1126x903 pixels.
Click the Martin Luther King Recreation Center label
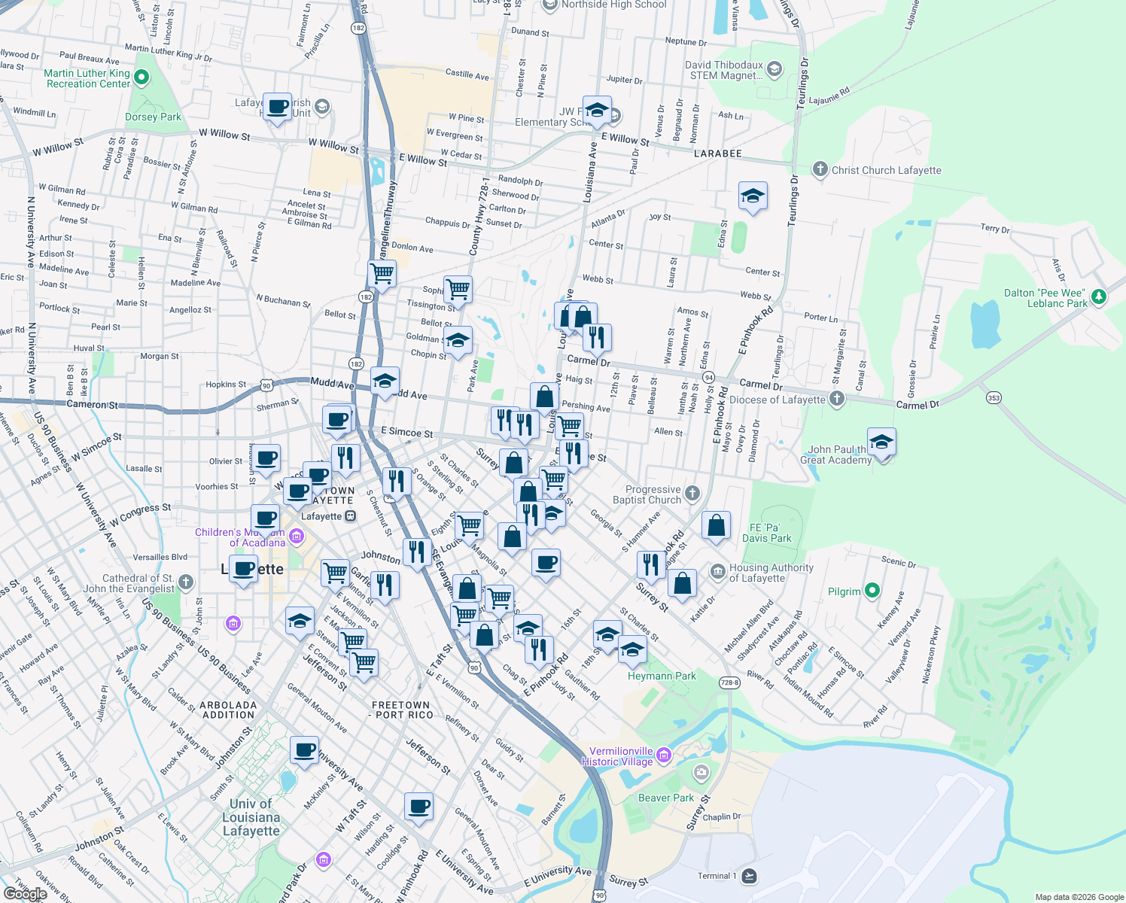pos(87,78)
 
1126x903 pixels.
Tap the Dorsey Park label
pos(153,117)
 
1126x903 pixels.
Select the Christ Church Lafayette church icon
pos(820,169)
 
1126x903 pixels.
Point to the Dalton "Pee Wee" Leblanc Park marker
pos(1098,297)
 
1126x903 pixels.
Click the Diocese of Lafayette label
pos(777,400)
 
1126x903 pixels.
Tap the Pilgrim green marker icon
pos(872,591)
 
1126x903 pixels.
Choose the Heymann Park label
pos(662,676)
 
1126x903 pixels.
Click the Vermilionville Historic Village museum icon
pos(663,755)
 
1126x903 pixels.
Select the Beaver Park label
pos(665,798)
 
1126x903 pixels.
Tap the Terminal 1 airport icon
pos(748,876)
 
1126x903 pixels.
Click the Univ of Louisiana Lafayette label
pos(251,817)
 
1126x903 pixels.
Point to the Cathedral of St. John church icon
pos(186,582)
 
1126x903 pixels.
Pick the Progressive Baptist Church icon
pos(692,494)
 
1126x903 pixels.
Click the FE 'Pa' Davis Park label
pos(766,533)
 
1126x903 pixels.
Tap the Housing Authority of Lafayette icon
pos(717,572)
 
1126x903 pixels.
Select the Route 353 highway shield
pos(994,397)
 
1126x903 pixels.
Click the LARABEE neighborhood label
pos(717,154)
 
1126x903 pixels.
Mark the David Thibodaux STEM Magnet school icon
pos(775,70)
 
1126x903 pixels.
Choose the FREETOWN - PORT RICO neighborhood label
pos(401,710)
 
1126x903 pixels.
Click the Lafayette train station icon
pos(350,516)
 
